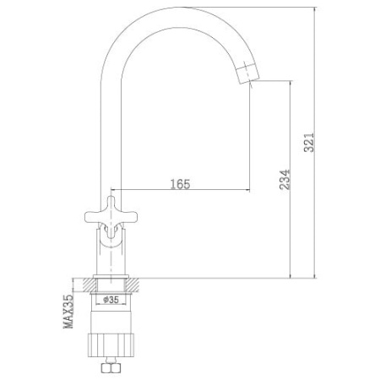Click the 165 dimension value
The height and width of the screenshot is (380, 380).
[x=180, y=182]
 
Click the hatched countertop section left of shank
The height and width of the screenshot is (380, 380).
[x=84, y=283]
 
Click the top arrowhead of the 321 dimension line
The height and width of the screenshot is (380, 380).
[x=315, y=7]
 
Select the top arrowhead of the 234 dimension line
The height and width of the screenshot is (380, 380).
[x=291, y=84]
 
